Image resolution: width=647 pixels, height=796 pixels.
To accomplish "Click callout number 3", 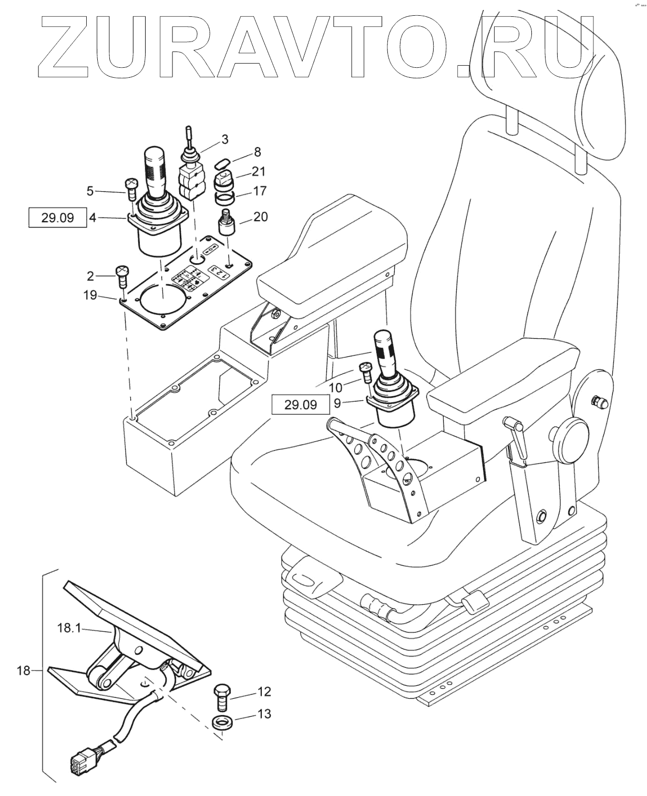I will (224, 139).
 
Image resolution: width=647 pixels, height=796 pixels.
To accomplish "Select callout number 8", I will (257, 152).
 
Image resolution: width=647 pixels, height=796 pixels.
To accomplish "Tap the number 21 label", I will (259, 171).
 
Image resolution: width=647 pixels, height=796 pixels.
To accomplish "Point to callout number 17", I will (260, 191).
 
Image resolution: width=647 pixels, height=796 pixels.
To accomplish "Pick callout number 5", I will (90, 191).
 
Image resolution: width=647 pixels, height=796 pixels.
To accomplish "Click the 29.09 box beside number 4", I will (58, 217).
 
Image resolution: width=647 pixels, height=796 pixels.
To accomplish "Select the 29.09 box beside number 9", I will (301, 405).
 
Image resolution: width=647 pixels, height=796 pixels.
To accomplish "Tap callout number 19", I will (90, 295).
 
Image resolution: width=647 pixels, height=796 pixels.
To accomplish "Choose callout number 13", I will (264, 714).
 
